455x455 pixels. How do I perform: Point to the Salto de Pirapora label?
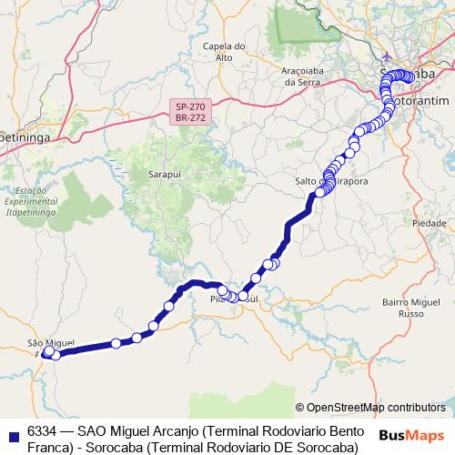tap(331, 181)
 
